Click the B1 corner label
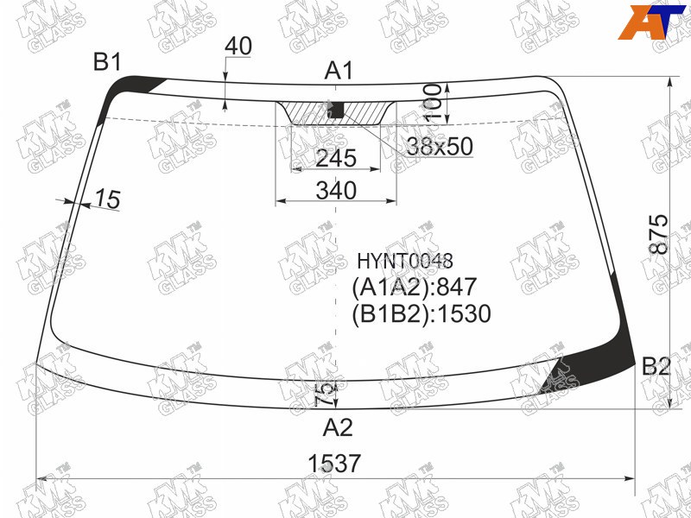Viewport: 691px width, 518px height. [x=106, y=61]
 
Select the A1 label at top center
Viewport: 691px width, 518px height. [x=339, y=71]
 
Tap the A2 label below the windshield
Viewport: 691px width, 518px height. [x=338, y=426]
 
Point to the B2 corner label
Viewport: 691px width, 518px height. [x=656, y=366]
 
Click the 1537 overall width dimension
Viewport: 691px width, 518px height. [x=334, y=464]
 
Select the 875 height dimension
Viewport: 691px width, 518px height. [x=659, y=234]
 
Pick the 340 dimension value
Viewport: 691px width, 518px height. [x=336, y=191]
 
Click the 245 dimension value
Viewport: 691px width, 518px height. [x=336, y=158]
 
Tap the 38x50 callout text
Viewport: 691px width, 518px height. [x=440, y=146]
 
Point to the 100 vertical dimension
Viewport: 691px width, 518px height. [x=433, y=103]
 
